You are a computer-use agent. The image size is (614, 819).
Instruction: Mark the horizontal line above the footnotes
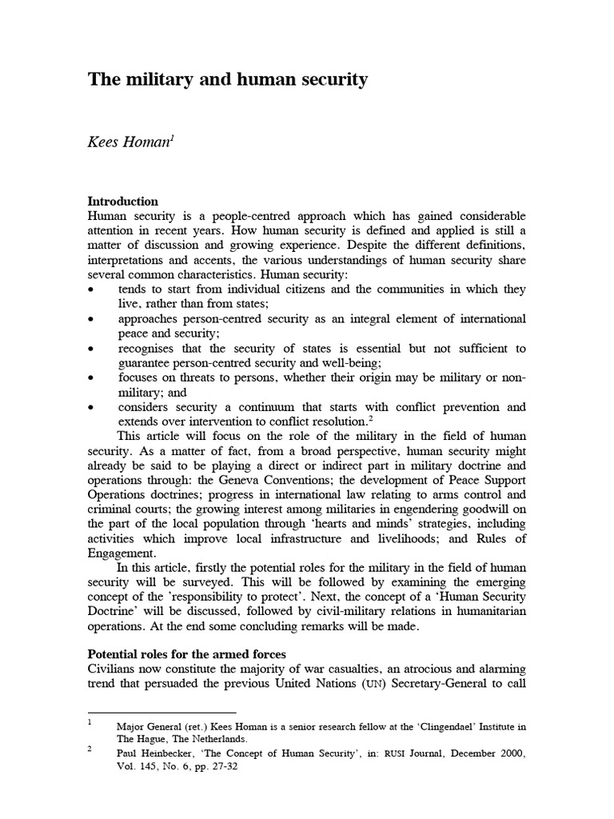pos(161,711)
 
